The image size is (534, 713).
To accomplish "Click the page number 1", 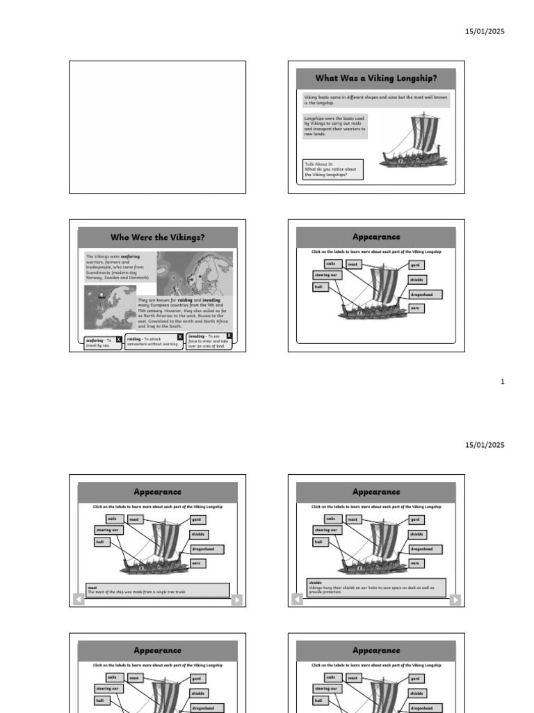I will tap(503, 382).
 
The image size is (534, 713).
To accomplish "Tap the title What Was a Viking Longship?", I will tap(376, 79).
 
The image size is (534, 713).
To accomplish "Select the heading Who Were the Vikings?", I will tap(158, 237).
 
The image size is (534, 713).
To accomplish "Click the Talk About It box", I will tap(333, 169).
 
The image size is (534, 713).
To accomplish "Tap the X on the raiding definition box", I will tap(180, 337).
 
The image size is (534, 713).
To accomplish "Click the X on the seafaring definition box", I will tap(118, 340).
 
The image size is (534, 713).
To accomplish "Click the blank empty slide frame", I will tap(157, 127).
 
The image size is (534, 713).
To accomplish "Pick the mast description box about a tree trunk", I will tap(157, 590).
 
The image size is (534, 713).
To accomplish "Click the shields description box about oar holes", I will tap(376, 588).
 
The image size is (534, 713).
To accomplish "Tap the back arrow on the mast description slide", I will tap(79, 600).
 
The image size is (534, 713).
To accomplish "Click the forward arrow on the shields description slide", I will tap(455, 600).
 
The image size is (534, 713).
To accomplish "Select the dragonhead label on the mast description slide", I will tap(207, 549).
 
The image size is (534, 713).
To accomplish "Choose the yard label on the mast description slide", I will tap(197, 519).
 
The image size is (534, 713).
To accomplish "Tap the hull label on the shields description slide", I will tap(318, 542).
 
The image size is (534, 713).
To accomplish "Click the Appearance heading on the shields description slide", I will tap(376, 492).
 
